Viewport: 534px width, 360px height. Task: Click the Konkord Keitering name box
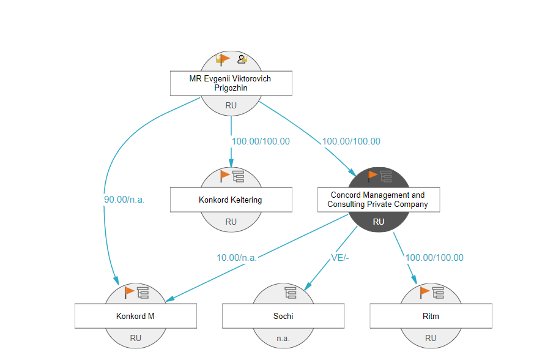(231, 200)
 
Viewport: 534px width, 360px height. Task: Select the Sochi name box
(283, 316)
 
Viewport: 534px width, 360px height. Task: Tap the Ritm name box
(431, 316)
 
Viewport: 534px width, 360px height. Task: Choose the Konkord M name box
(136, 316)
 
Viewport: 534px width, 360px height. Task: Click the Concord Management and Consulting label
(378, 200)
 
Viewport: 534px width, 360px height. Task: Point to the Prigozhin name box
(231, 83)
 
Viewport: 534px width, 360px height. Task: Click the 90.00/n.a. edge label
(124, 200)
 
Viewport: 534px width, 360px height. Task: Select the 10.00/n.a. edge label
(237, 258)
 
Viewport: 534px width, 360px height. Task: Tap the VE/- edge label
(340, 258)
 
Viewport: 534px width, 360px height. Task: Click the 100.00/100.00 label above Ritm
(434, 258)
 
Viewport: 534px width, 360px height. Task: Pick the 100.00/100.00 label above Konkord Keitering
(261, 141)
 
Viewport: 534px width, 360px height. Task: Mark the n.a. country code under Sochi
(283, 338)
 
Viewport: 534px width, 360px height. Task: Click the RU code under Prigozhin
(231, 106)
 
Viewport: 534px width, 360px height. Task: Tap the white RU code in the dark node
(379, 222)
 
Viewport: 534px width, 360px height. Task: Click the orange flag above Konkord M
(129, 292)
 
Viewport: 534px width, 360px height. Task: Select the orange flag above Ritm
(425, 292)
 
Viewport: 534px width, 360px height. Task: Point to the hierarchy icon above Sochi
(291, 293)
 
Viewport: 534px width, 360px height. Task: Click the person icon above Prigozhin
(242, 59)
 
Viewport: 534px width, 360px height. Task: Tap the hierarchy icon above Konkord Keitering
(239, 176)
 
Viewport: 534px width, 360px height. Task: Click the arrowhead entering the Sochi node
(308, 286)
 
